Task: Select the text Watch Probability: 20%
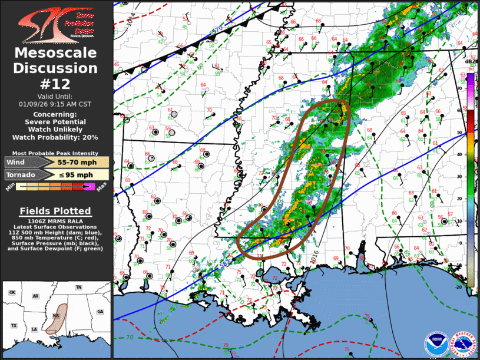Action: click(x=56, y=137)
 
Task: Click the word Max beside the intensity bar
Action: click(x=101, y=187)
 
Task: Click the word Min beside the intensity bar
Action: click(x=10, y=187)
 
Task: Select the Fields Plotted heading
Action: click(x=56, y=211)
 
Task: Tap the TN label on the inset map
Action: click(x=78, y=287)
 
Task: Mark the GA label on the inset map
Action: click(x=100, y=311)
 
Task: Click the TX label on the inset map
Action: click(x=14, y=325)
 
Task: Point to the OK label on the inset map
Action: click(x=12, y=292)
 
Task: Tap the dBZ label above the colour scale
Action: click(x=470, y=61)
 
